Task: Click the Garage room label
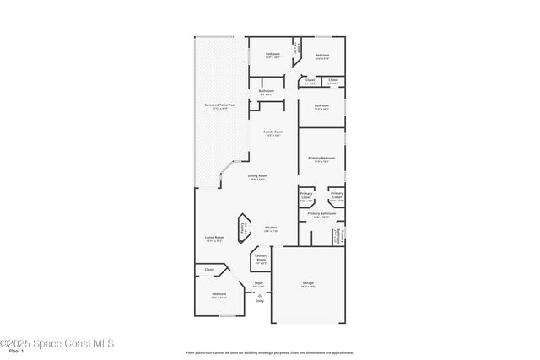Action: coord(309,284)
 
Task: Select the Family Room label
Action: coord(273,133)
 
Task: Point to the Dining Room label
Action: coord(257,177)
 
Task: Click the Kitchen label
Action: coord(271,228)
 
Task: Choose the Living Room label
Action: coord(214,239)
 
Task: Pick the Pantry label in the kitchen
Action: coord(244,226)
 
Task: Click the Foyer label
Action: coord(259,285)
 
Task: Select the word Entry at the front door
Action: coord(259,300)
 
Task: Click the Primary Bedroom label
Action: coord(321,159)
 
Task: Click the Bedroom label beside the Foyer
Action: coord(219,295)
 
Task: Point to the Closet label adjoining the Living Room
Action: coord(209,270)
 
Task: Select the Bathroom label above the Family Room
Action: coord(267,92)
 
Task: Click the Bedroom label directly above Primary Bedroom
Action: coord(321,107)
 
